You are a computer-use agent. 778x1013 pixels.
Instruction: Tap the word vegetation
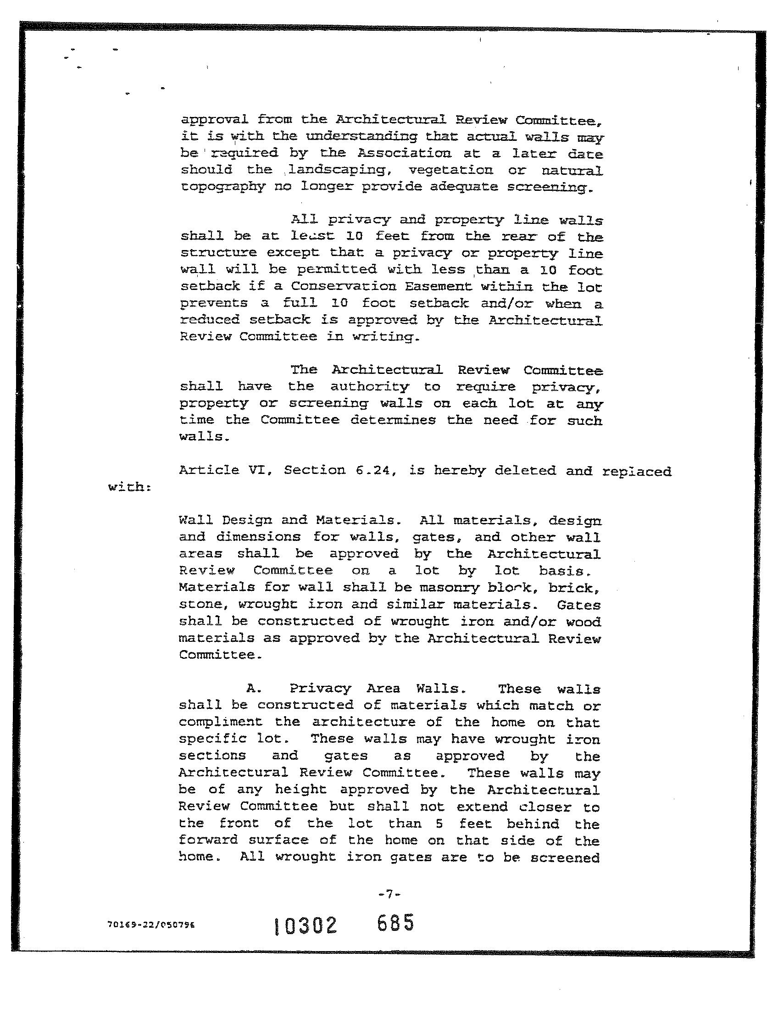pyautogui.click(x=450, y=170)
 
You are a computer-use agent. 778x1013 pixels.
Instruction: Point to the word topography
pyautogui.click(x=223, y=187)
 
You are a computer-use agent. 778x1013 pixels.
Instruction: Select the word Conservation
pyautogui.click(x=343, y=286)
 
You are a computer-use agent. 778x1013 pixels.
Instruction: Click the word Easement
pyautogui.click(x=438, y=286)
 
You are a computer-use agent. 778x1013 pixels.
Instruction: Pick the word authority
pyautogui.click(x=370, y=387)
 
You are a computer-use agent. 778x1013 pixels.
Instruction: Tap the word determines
pyautogui.click(x=393, y=420)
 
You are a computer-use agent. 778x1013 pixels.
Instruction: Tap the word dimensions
pyautogui.click(x=258, y=537)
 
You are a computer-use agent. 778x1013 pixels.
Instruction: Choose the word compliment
pyautogui.click(x=221, y=722)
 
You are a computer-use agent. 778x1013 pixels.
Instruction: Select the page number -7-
pyautogui.click(x=389, y=895)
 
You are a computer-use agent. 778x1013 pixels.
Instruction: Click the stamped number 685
pyautogui.click(x=395, y=923)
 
